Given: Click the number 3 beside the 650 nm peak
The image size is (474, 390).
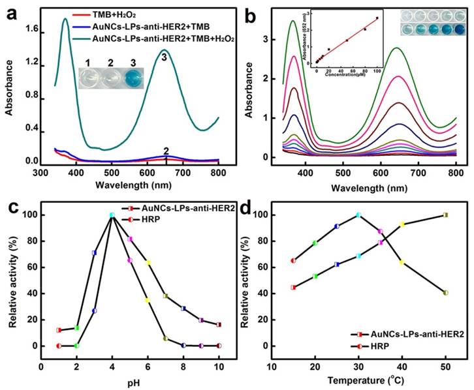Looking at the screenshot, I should pyautogui.click(x=165, y=57).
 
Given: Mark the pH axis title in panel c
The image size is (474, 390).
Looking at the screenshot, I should pyautogui.click(x=129, y=377).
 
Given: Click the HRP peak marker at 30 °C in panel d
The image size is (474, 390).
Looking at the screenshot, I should pyautogui.click(x=358, y=215).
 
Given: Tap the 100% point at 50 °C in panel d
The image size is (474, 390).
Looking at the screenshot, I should pyautogui.click(x=446, y=215).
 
